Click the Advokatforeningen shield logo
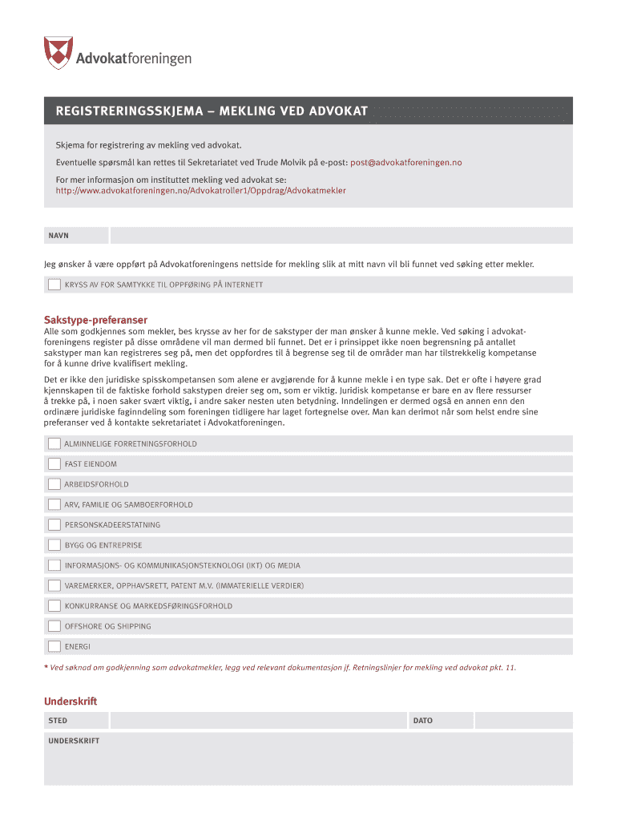coord(58,52)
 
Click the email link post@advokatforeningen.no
coord(406,163)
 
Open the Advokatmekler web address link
coord(200,191)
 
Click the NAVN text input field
coord(341,236)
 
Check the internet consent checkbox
coord(54,285)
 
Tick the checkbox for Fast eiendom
coord(54,464)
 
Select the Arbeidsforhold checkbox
coord(54,484)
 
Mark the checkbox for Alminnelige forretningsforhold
coord(54,443)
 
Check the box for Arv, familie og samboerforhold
coord(54,504)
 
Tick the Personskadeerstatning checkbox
coord(54,525)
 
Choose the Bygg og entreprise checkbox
coord(54,545)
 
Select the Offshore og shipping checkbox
coord(54,626)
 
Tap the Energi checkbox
coord(54,646)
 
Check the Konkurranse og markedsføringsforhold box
coord(54,606)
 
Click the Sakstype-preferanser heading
coord(95,320)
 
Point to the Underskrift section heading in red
coord(71,702)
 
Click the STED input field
coord(240,721)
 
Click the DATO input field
coord(522,721)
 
